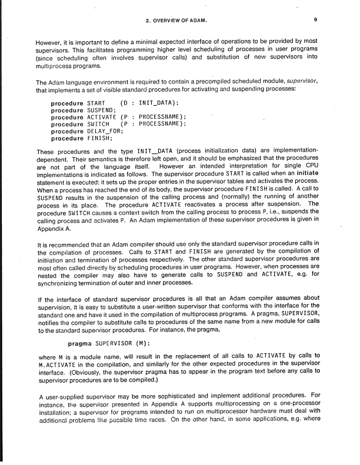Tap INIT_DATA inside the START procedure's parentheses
tap(158, 103)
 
